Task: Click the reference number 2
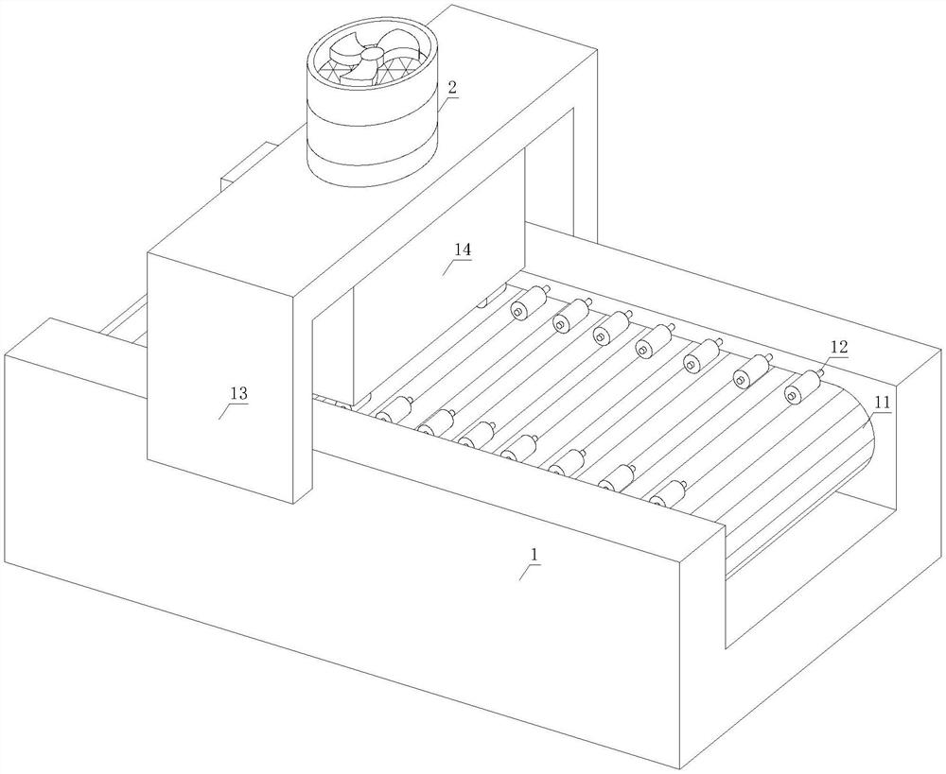click(x=451, y=87)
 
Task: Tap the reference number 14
click(x=463, y=249)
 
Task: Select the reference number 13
click(x=238, y=394)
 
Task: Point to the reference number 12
click(x=839, y=347)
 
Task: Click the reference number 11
click(x=882, y=403)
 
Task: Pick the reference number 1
click(x=533, y=554)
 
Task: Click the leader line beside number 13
click(x=225, y=412)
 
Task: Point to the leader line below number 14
click(x=449, y=267)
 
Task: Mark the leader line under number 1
click(x=527, y=572)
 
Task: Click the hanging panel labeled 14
click(x=438, y=271)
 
